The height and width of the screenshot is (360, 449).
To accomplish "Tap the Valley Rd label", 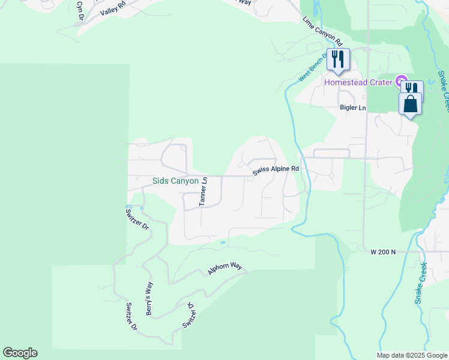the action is point(113,8).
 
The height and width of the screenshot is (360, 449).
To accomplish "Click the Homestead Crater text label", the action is point(359,82).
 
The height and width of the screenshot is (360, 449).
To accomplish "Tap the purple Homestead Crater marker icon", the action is point(402,81).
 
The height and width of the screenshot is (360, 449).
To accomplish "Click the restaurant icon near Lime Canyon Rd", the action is point(339,59).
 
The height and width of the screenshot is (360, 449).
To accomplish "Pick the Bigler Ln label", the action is point(352,107).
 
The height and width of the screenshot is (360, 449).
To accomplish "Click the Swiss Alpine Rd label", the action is point(276,170).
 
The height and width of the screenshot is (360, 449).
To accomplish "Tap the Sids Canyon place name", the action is point(175,180).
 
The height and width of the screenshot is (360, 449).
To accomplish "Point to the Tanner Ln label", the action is point(203,191).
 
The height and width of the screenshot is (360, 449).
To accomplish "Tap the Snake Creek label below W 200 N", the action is point(422,283).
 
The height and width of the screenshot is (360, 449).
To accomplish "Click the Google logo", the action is point(20,353).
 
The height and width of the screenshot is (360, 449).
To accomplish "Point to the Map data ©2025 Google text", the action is point(411,355).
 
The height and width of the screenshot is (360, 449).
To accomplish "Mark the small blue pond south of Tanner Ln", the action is point(223,243).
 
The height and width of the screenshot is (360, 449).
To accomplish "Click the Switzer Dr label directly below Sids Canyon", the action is point(137,218).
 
